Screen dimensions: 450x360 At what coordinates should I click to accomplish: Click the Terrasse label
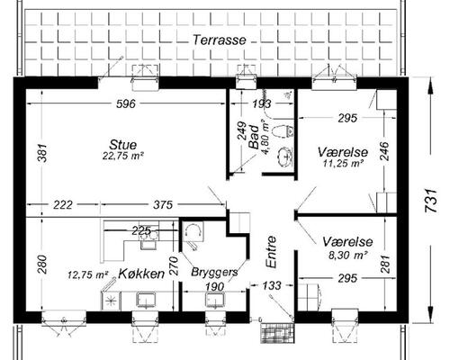click(220, 40)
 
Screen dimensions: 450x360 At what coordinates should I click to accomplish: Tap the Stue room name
click(123, 145)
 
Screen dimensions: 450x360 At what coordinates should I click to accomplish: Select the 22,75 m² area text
click(123, 156)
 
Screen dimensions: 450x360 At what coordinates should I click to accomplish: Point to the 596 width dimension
click(126, 103)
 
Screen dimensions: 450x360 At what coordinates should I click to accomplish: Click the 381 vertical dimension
click(42, 153)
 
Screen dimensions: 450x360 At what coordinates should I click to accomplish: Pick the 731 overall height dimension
click(431, 201)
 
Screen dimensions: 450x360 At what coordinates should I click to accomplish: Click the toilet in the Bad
click(283, 131)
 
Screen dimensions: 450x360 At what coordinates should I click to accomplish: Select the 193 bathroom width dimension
click(261, 103)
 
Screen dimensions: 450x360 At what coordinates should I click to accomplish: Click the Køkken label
click(141, 274)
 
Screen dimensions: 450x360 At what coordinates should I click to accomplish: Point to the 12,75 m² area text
click(87, 274)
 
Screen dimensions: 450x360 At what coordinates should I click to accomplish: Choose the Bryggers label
click(214, 272)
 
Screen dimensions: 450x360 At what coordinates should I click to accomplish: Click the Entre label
click(271, 252)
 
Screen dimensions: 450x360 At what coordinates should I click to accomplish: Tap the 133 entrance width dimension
click(273, 285)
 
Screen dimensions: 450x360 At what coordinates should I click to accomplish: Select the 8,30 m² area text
click(348, 256)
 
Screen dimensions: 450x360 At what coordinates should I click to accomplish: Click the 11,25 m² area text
click(343, 164)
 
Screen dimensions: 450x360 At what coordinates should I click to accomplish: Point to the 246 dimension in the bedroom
click(384, 151)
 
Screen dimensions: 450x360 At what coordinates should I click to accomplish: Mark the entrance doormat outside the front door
click(277, 333)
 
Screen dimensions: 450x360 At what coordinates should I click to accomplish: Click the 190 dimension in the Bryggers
click(215, 287)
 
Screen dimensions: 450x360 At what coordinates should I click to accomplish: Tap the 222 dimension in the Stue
click(63, 205)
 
